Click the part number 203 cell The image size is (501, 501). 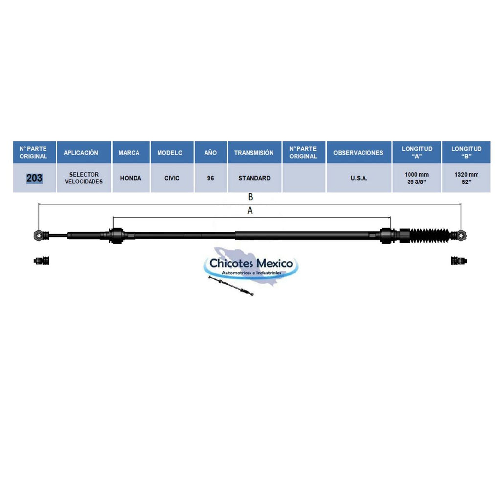[35, 178]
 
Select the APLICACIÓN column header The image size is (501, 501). [81, 153]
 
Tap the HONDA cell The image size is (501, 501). [131, 178]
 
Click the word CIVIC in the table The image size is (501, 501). [172, 178]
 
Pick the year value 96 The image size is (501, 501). [210, 178]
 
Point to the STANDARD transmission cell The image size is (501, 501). [254, 178]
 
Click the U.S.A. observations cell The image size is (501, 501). [359, 178]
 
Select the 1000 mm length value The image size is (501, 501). [417, 175]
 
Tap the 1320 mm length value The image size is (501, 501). [466, 175]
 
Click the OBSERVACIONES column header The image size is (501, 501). [358, 153]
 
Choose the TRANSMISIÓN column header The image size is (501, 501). [254, 153]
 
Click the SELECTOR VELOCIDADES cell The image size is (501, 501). [84, 178]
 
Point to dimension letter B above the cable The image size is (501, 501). [250, 197]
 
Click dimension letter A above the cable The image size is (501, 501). [250, 210]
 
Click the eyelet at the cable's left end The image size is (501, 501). [38, 235]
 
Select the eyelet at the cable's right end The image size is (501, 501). [462, 236]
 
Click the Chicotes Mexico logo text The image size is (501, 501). [251, 263]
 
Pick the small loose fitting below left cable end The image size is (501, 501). [42, 260]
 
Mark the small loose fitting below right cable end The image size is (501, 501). [459, 260]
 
